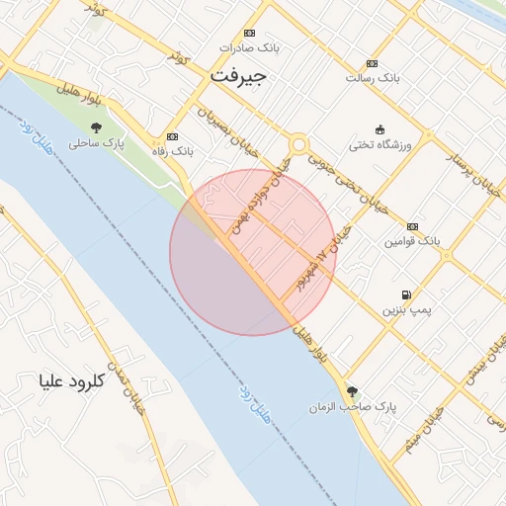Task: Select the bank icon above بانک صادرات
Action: [x=249, y=32]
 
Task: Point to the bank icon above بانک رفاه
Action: [x=174, y=136]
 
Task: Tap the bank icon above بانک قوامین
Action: [x=412, y=226]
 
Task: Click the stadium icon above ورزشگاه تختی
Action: [x=379, y=129]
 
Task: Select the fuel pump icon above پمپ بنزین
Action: [x=406, y=295]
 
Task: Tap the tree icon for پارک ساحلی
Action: [x=96, y=127]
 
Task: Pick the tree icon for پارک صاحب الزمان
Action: [x=352, y=390]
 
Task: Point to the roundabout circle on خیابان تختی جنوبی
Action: [x=297, y=145]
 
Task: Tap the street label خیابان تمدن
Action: [x=131, y=387]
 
